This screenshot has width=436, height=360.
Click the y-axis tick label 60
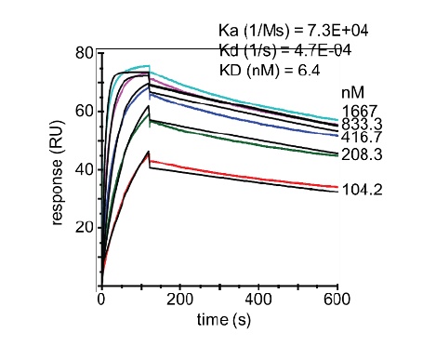click(x=85, y=111)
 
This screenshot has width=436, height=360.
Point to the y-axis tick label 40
click(x=85, y=169)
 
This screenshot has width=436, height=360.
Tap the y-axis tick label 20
click(x=85, y=227)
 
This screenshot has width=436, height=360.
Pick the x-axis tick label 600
click(x=337, y=300)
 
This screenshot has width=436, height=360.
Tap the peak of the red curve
click(x=149, y=153)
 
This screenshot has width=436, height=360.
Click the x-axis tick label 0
click(x=101, y=300)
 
